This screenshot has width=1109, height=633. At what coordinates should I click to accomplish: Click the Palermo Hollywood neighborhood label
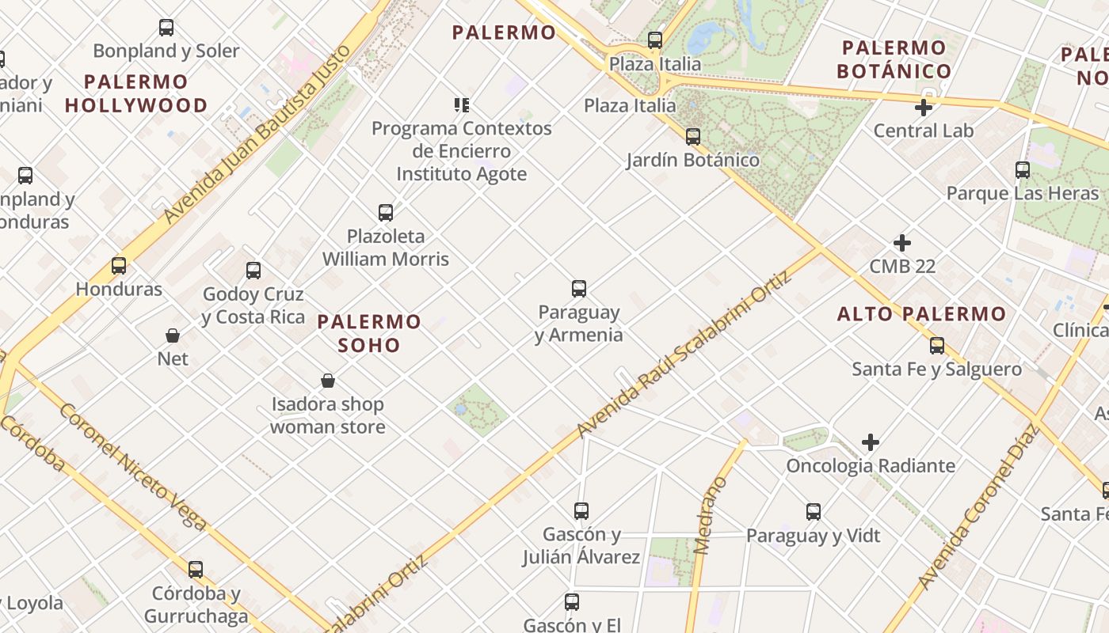pos(135,93)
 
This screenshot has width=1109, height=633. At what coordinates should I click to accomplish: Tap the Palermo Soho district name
pos(369,333)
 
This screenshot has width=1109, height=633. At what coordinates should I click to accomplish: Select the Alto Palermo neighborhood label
pos(922,314)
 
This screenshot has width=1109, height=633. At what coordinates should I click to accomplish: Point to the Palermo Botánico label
pos(894,59)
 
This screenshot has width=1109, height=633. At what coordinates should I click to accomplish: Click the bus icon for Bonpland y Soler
pos(166,28)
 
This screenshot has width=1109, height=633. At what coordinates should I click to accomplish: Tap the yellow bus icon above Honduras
pos(119,266)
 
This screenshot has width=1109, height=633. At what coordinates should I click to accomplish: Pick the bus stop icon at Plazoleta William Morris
pos(386,212)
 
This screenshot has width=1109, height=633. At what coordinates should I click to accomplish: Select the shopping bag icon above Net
pos(173,335)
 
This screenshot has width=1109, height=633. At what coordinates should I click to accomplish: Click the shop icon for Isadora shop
pos(328,381)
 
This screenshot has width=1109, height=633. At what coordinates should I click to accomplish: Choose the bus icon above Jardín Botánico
pos(693,136)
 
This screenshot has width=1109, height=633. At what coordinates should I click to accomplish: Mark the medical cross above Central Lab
pos(924,108)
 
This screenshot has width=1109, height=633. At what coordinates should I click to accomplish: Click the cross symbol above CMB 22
pos(902,243)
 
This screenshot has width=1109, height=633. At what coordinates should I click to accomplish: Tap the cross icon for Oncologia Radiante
pos(871,442)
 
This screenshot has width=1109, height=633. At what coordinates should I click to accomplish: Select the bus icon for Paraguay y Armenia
pos(579,289)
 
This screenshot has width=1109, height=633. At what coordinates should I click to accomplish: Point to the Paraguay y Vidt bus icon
pos(814,512)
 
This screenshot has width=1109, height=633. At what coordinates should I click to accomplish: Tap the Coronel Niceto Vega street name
pos(132,467)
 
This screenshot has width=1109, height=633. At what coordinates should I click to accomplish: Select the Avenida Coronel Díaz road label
pos(979,507)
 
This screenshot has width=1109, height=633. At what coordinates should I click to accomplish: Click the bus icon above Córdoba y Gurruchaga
pos(196,570)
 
